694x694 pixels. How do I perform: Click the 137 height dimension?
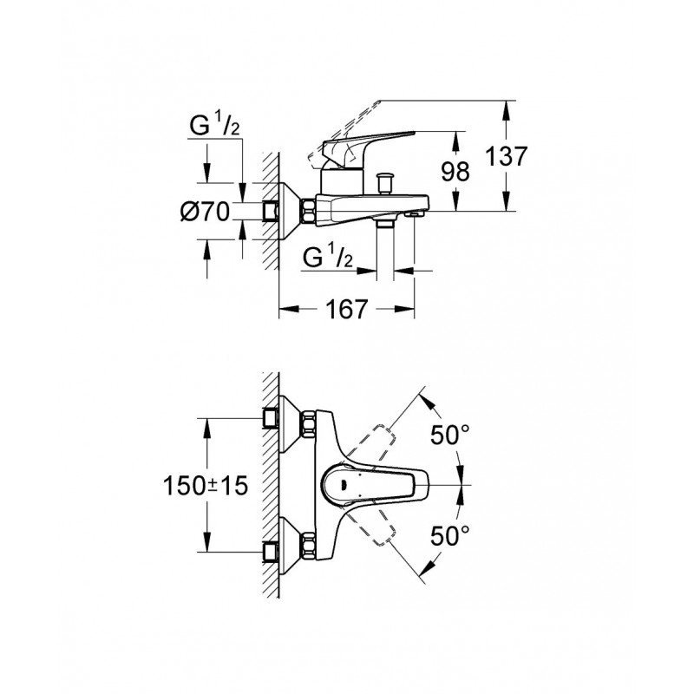click(507, 156)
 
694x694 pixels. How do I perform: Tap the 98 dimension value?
click(455, 171)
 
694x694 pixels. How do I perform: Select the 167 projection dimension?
click(346, 309)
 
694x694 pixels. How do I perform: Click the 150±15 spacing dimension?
click(206, 486)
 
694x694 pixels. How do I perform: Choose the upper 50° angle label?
click(450, 435)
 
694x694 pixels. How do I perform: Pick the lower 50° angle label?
click(450, 535)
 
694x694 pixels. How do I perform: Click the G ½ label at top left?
click(214, 126)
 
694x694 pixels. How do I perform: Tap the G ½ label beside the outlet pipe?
click(328, 258)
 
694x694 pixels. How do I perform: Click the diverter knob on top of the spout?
click(383, 184)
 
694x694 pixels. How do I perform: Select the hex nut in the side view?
click(308, 212)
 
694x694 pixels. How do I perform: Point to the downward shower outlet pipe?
click(384, 249)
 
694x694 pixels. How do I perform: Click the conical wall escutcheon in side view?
click(290, 212)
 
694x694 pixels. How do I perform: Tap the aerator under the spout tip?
click(415, 214)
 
